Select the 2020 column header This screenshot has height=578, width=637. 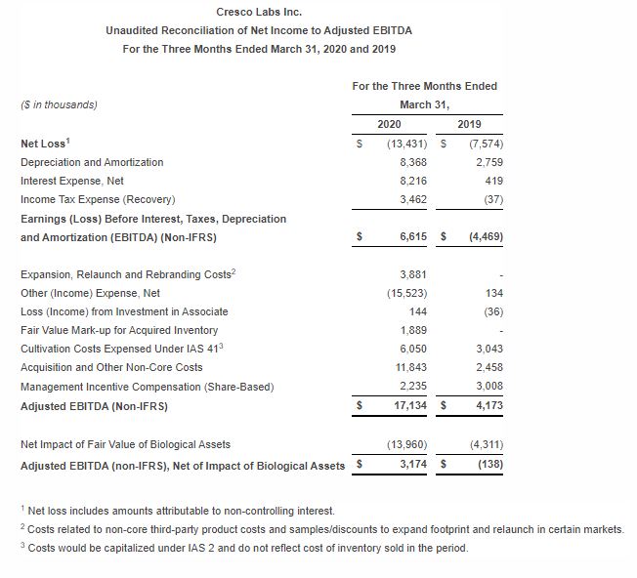tap(388, 124)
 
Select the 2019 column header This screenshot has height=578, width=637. tap(468, 124)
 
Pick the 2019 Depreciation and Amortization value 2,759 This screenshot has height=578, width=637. tap(488, 162)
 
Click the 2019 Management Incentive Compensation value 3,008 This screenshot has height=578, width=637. tap(488, 386)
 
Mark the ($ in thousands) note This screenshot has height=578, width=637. tap(59, 104)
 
